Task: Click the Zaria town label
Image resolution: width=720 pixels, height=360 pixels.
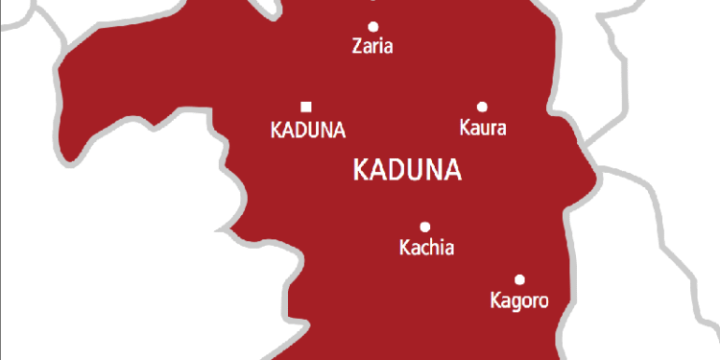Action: point(373,46)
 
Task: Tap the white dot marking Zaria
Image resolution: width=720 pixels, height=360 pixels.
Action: point(373,26)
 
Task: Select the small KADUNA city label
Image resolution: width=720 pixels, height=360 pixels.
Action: point(307,129)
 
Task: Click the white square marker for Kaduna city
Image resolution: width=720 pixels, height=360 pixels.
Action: point(306,107)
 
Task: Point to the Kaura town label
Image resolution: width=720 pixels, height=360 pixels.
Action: point(483,128)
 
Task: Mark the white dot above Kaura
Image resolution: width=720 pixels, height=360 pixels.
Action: point(482,107)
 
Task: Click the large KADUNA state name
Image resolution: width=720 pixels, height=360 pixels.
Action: point(408,171)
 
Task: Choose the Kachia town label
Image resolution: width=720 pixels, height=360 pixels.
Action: point(425,249)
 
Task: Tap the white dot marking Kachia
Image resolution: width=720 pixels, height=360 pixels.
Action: point(425,228)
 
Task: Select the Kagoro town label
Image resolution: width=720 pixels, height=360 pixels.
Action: point(517,301)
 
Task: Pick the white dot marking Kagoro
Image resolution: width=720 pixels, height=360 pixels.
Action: point(519,280)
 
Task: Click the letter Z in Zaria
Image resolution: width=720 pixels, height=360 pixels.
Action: point(357,46)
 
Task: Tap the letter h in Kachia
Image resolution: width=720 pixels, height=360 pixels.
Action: point(433,249)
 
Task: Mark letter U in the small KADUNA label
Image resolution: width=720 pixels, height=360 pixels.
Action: point(309,129)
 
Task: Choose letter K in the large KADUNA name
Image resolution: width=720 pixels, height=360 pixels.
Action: point(362,171)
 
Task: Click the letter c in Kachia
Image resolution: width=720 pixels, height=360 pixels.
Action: point(423,250)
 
